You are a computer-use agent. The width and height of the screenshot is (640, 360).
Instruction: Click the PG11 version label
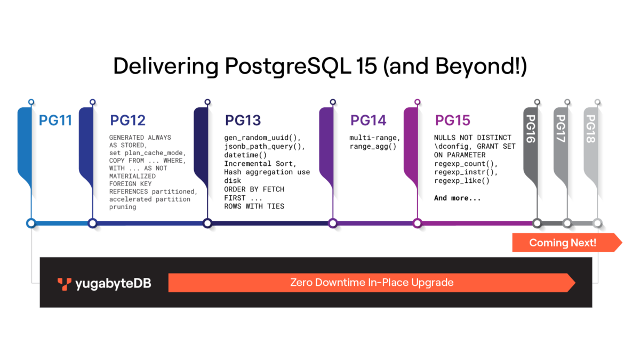[x=55, y=121]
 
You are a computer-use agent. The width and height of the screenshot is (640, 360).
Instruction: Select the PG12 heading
[x=127, y=121]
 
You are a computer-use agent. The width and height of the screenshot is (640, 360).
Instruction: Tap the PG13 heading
[x=243, y=121]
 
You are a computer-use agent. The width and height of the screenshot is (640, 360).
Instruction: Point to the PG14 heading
[x=368, y=121]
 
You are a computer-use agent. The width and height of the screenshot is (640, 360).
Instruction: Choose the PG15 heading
[x=453, y=121]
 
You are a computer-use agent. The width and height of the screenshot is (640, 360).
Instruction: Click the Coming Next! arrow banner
[x=563, y=243]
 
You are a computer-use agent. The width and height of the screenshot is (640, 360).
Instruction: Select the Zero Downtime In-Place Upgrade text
[x=371, y=282]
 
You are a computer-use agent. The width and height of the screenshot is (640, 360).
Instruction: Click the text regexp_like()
[x=462, y=181]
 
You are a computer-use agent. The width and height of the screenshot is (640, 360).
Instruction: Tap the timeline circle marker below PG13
[x=207, y=223]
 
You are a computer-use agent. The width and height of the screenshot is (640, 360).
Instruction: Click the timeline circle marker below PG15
[x=417, y=223]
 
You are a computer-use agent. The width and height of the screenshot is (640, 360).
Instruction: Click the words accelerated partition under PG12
[x=149, y=199]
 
